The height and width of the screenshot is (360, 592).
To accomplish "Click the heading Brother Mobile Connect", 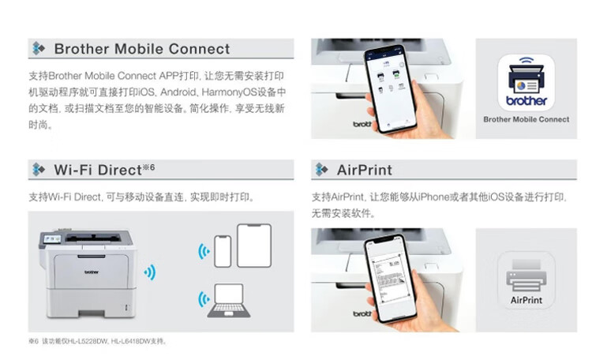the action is click(x=142, y=49).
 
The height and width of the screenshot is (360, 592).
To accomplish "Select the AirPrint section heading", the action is click(x=365, y=170).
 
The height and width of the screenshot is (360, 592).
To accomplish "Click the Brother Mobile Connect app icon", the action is click(x=526, y=82).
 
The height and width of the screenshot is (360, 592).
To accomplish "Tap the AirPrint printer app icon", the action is click(x=526, y=280).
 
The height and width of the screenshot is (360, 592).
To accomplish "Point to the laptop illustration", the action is click(x=229, y=300).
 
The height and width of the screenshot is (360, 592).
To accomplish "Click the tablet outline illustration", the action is click(x=254, y=246).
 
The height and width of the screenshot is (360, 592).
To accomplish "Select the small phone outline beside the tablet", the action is click(x=223, y=251).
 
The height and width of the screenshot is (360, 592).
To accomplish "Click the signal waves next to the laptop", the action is click(x=204, y=299).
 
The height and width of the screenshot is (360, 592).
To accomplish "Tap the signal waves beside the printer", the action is click(x=150, y=272).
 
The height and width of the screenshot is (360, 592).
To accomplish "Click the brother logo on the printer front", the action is click(x=92, y=272).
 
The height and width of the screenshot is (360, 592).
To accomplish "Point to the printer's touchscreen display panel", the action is click(x=52, y=238).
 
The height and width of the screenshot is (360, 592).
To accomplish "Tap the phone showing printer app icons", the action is click(x=390, y=89).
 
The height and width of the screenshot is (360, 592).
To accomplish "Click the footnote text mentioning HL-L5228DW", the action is click(x=97, y=341).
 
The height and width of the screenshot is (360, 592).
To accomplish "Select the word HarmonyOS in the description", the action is click(x=229, y=92).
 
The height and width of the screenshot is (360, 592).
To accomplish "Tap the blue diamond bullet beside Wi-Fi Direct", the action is click(x=38, y=170).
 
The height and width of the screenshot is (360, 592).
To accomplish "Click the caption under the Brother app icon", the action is click(x=526, y=119).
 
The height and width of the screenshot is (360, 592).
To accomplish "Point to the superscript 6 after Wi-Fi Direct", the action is click(x=152, y=167).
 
